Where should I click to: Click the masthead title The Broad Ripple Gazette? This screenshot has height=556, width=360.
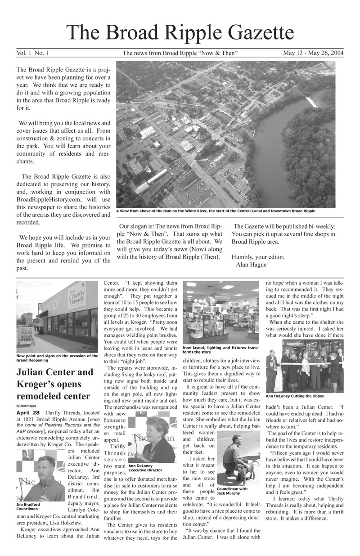pos(180,33)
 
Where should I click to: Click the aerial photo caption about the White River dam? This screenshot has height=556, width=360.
pos(216,211)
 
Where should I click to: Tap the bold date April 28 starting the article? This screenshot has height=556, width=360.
pos(28,413)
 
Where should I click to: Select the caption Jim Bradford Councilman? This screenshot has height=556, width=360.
pos(28,507)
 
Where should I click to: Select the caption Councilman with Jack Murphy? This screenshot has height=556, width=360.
pos(232,491)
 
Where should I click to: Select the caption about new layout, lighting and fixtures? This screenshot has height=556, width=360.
pos(220,350)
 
